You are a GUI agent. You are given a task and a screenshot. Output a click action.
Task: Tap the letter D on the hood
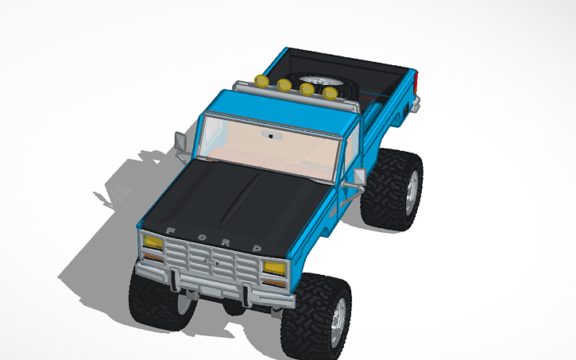258,248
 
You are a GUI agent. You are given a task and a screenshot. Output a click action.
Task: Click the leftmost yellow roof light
261,79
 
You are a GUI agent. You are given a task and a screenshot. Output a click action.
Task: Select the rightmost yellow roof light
330,94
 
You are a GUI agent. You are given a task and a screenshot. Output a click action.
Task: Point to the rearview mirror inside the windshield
275,137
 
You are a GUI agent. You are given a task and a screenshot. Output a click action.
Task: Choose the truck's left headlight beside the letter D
274,268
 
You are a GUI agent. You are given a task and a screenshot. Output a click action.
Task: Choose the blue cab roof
278,111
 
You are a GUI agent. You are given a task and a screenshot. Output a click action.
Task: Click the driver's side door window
348,155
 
